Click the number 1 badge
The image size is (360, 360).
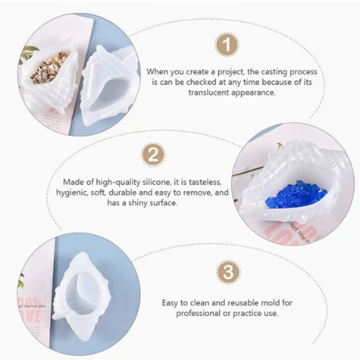coord(226,45)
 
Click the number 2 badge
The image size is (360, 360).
coord(153,155)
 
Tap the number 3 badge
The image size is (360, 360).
coord(228,272)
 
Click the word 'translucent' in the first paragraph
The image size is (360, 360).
coord(206,92)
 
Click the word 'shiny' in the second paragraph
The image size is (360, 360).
coord(138,203)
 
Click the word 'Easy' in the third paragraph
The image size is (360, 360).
coord(171,303)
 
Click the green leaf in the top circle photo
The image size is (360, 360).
coord(30,56)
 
